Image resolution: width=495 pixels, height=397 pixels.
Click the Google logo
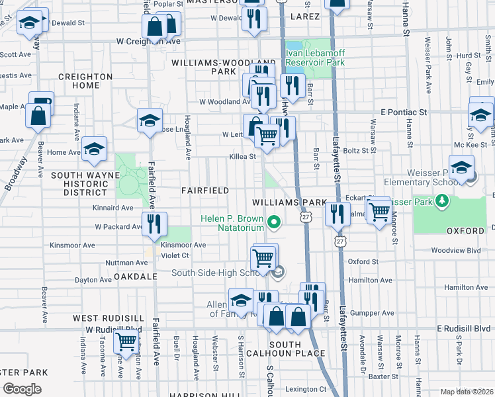click(22, 389)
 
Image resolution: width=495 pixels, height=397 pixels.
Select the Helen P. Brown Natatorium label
click(233, 224)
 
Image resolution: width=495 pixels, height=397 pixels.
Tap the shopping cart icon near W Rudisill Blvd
click(126, 341)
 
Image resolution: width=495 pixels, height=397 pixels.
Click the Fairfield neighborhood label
click(205, 191)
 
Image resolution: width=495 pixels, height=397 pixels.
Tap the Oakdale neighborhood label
click(135, 276)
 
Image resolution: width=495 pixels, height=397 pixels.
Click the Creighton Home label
click(85, 81)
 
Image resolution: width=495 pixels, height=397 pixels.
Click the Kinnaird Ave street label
click(113, 207)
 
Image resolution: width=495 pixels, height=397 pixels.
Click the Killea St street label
click(242, 157)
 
